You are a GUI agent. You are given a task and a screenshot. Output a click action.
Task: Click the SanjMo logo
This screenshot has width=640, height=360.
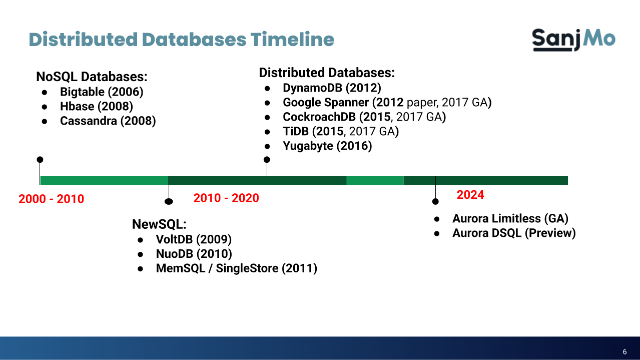[x=573, y=40]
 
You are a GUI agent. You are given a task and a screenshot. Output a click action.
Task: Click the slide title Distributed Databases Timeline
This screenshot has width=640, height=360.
[x=181, y=40]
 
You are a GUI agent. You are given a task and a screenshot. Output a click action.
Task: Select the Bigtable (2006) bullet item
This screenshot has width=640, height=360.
[x=102, y=92]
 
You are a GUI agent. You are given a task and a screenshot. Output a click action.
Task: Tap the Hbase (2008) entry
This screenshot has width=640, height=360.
[x=96, y=106]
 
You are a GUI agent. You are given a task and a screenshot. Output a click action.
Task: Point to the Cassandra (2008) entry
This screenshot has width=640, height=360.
[x=108, y=121]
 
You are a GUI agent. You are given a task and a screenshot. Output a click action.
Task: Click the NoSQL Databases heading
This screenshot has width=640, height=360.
[x=92, y=77]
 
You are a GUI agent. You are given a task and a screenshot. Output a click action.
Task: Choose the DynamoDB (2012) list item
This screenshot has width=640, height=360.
[x=332, y=88]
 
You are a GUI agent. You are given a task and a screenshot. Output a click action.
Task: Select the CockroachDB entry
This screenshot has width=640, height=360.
[x=364, y=117]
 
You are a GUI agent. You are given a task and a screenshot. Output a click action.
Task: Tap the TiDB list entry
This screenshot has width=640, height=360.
[x=340, y=132]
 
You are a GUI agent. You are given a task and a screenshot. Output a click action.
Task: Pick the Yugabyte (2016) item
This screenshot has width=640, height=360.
[x=327, y=146]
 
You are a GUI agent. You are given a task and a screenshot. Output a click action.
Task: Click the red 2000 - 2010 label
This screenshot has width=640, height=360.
[x=51, y=199]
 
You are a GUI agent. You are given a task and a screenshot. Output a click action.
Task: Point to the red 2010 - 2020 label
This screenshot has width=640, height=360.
[x=226, y=198]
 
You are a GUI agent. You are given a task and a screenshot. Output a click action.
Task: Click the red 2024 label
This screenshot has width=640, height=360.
[x=470, y=195]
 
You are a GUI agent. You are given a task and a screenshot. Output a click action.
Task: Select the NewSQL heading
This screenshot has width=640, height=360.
[x=159, y=224]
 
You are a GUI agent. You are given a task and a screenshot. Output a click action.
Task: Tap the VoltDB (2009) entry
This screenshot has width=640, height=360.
[x=194, y=239]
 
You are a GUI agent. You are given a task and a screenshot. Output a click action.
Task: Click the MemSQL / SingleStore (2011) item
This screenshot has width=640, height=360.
[x=236, y=268]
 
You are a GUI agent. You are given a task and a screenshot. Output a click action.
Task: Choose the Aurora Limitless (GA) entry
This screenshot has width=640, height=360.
[x=510, y=219]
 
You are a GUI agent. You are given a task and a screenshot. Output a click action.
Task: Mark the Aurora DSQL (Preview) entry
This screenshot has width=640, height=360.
[x=514, y=233]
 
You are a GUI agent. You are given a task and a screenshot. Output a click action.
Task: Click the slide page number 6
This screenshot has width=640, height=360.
[x=624, y=351]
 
